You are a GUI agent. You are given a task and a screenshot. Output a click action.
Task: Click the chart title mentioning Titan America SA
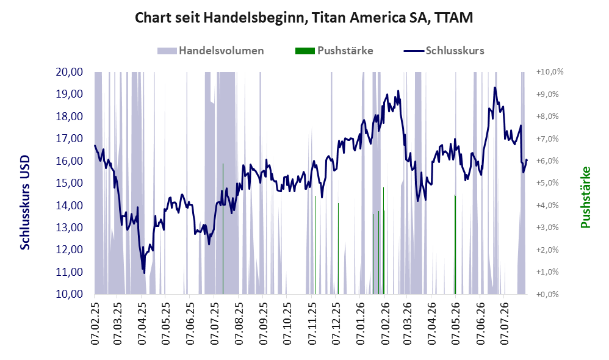point(304,18)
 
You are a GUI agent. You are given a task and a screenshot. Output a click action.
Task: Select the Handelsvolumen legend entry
point(211,51)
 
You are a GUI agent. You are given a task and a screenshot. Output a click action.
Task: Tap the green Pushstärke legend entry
point(334,51)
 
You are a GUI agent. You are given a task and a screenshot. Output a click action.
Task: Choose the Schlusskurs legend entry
point(444,51)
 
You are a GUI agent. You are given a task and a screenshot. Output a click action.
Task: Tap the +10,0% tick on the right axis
point(550,72)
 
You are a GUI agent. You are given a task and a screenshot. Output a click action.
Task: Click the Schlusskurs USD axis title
point(25,203)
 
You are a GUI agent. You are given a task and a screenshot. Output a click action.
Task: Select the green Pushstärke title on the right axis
point(585,197)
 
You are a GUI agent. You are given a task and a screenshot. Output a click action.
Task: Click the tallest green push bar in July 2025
point(223,229)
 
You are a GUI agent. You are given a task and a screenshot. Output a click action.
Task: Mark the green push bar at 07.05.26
point(455,244)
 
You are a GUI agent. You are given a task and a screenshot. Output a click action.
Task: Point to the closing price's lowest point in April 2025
point(144,273)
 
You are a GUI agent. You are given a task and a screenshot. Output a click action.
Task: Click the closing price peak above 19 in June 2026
point(495,87)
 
